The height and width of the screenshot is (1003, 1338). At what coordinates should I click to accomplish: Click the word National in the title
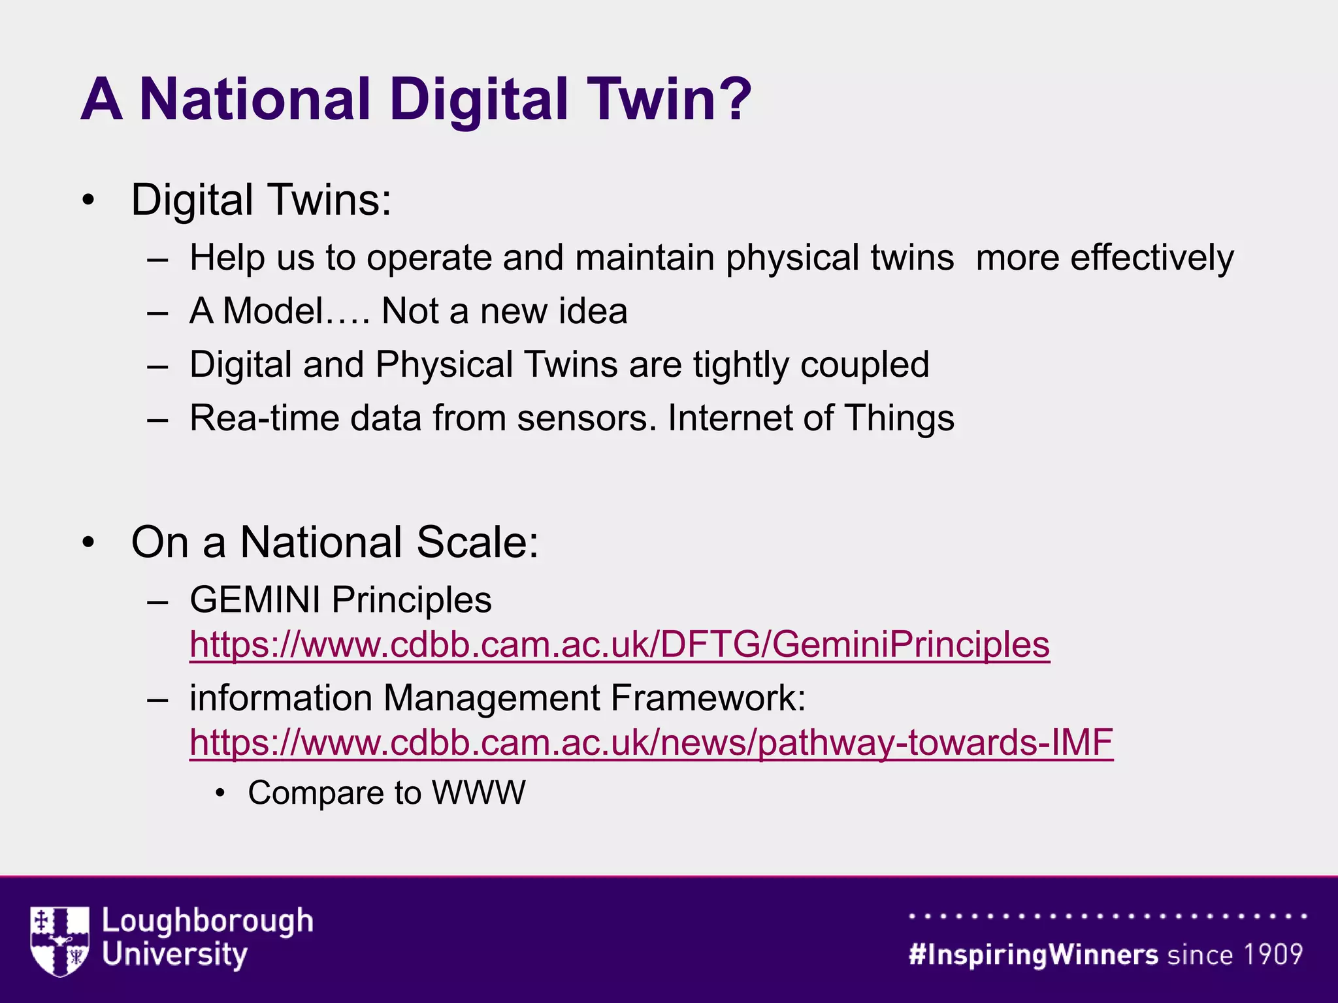tap(255, 99)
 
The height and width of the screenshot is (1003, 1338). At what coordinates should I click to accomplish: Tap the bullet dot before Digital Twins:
tap(89, 200)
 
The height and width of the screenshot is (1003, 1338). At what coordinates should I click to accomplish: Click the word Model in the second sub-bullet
tap(273, 311)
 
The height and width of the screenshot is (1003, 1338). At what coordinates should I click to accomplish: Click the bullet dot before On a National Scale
tap(89, 542)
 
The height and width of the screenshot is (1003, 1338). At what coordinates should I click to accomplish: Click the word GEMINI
tap(255, 599)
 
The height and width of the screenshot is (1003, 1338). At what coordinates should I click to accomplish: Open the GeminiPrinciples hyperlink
tap(619, 645)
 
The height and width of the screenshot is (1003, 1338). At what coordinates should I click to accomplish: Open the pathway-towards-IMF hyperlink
tap(651, 742)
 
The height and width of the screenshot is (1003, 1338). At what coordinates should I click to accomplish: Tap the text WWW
tap(478, 793)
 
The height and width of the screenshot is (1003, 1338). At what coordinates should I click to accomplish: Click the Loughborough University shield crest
tap(59, 940)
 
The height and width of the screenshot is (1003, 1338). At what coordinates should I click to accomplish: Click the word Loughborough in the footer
tap(207, 921)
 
